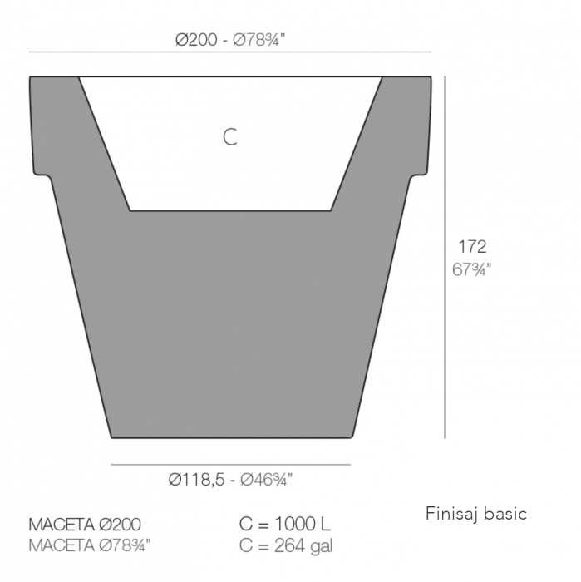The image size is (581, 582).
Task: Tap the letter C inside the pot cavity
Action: [x=230, y=137]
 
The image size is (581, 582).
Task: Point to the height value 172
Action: [x=472, y=246]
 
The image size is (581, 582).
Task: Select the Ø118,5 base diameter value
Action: [x=196, y=479]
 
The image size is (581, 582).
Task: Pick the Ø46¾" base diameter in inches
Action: [x=266, y=479]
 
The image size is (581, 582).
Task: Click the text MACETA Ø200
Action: [x=85, y=525]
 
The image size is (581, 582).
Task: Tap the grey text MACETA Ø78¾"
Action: [x=90, y=545]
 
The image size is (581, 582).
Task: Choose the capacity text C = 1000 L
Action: [x=285, y=525]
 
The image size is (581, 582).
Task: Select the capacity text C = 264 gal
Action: [x=287, y=545]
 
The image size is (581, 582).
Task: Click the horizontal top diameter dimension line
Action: [x=230, y=52]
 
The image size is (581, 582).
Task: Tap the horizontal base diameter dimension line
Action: [x=230, y=465]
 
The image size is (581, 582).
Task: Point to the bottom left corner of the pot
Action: [x=112, y=436]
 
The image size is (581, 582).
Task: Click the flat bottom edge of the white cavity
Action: [x=230, y=210]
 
